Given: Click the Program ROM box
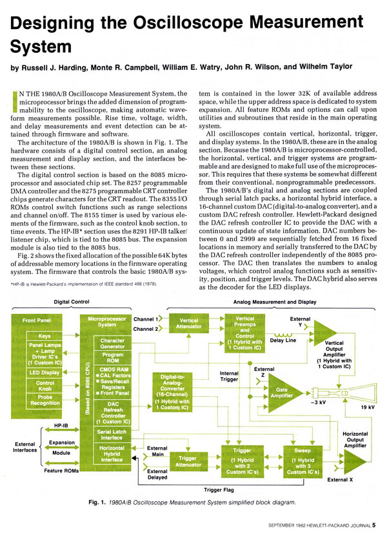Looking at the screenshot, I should click(112, 357).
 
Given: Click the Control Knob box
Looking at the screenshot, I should click(45, 388).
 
